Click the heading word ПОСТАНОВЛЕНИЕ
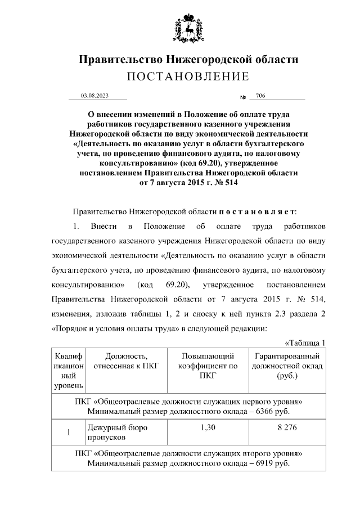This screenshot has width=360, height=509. point(188,76)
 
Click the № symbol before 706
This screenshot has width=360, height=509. point(244,97)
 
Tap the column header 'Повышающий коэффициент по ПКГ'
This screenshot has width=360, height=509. point(208,366)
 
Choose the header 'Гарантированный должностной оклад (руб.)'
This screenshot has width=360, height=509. point(287,366)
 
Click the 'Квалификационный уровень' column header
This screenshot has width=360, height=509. point(68,371)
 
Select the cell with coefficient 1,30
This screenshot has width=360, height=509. point(208,427)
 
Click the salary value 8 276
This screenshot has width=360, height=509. point(287,427)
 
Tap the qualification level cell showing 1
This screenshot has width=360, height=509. point(68,433)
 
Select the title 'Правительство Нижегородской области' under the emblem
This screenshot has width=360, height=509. point(188,59)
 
